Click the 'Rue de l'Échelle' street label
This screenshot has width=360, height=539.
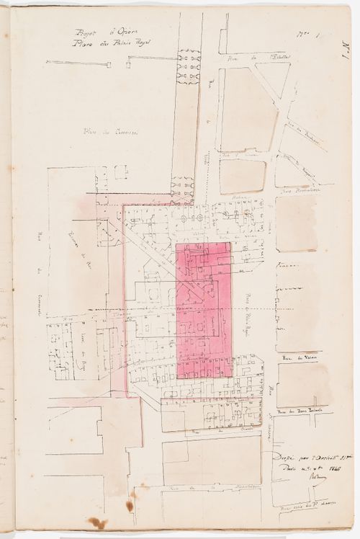248,58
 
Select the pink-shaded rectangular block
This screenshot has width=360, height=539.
204,310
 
